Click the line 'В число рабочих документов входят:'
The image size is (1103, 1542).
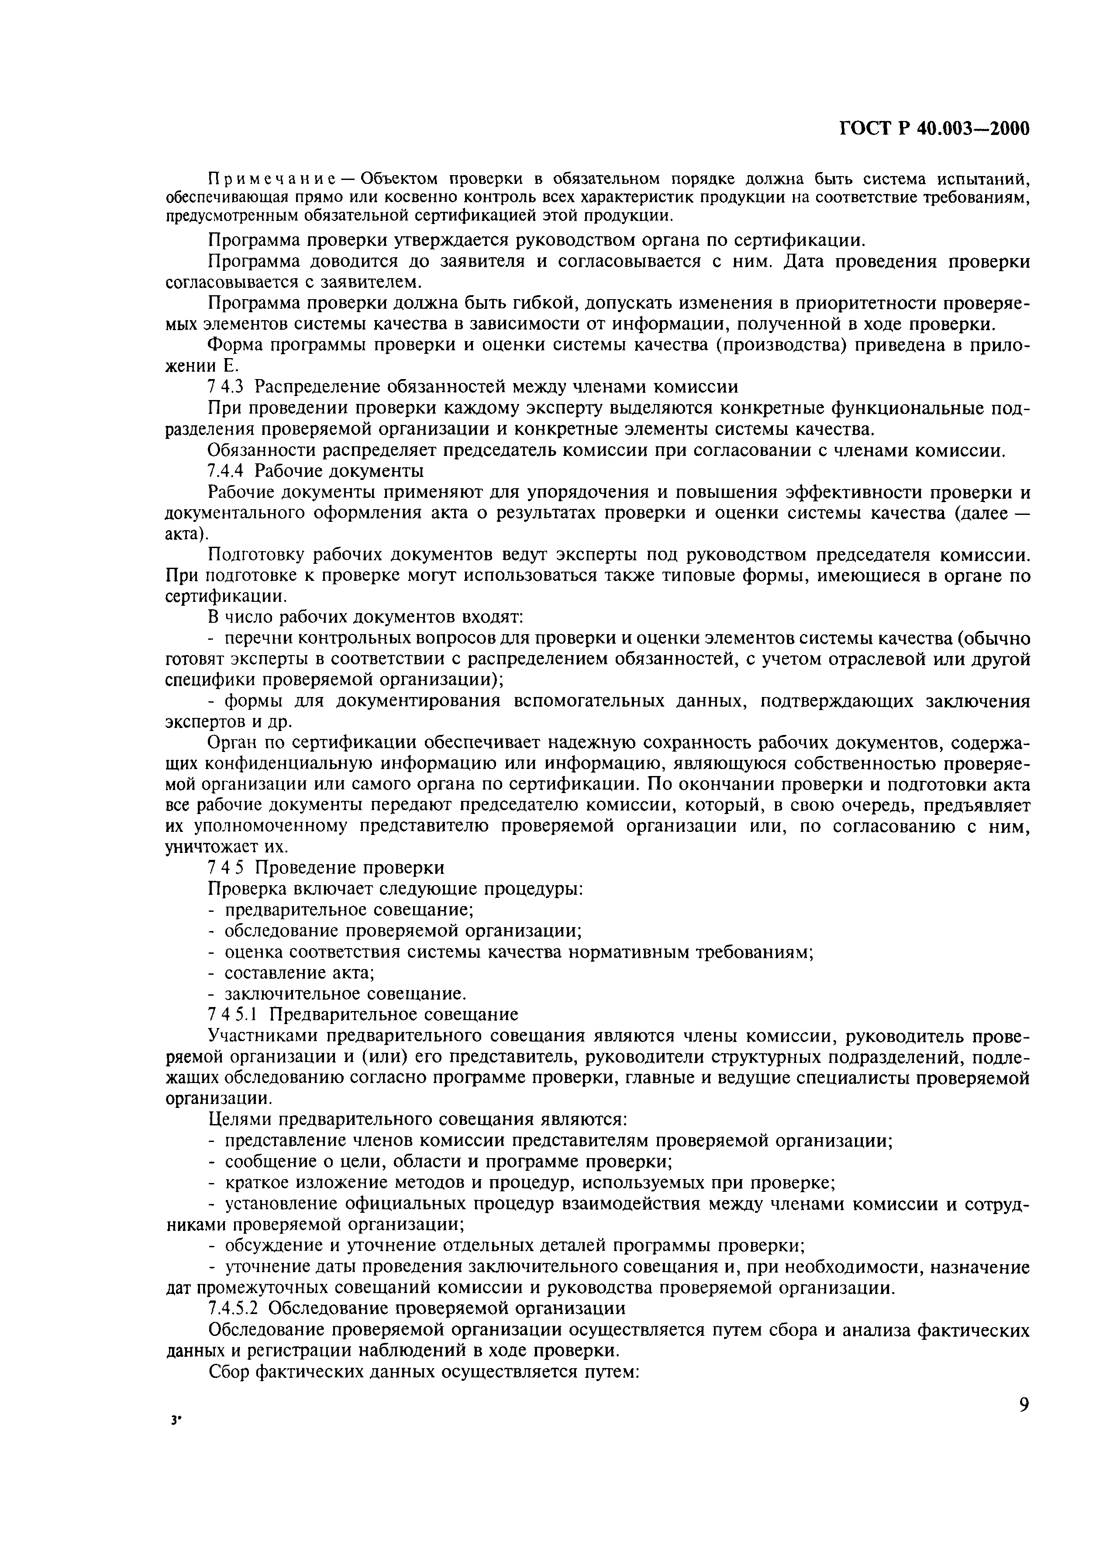click(365, 617)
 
